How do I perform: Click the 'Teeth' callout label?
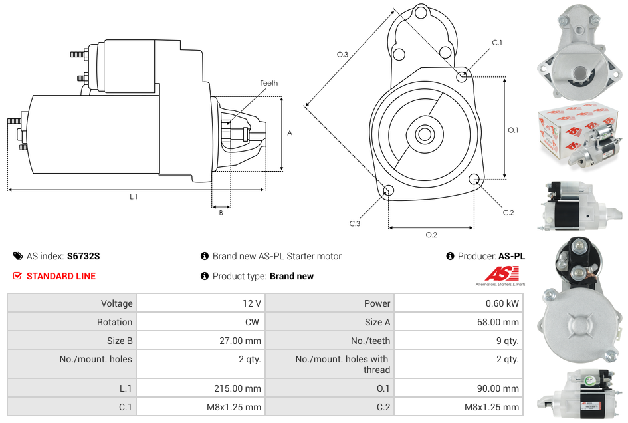tap(269, 83)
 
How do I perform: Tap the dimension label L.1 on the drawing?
tap(134, 197)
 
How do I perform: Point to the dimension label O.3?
tap(342, 55)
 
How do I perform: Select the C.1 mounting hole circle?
tap(462, 76)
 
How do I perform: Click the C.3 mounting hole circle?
tap(389, 192)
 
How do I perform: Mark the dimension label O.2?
tap(431, 235)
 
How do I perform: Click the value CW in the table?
tap(253, 322)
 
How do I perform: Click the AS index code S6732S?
tap(84, 256)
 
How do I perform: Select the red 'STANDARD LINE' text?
tap(61, 276)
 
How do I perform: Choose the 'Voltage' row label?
tap(116, 303)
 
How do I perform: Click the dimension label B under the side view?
tap(221, 213)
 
